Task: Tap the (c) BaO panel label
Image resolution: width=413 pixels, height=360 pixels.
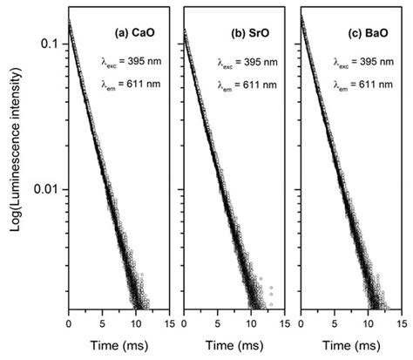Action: pos(370,34)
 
